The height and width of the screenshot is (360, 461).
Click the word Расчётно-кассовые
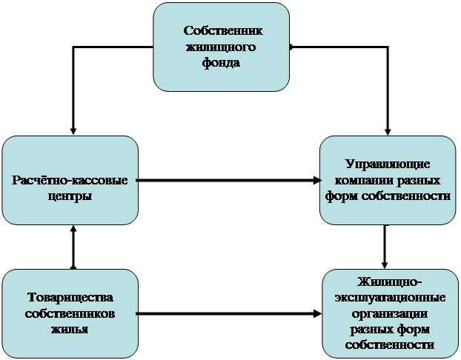point(70,181)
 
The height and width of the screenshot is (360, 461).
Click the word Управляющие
point(388,164)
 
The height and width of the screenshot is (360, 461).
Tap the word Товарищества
point(71,298)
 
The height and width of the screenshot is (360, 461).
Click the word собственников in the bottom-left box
point(71,313)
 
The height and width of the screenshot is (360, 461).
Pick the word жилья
point(71,329)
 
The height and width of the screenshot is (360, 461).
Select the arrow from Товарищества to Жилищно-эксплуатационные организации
point(230,315)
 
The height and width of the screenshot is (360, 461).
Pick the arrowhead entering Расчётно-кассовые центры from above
point(73,129)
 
